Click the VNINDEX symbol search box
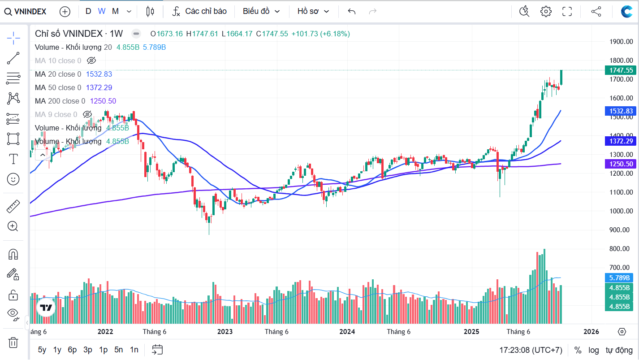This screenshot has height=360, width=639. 26,12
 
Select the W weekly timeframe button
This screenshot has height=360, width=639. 102,12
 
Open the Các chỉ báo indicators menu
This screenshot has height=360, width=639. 200,12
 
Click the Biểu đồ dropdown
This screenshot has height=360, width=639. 261,12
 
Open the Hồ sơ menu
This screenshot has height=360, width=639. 313,12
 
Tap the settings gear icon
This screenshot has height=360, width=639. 546,12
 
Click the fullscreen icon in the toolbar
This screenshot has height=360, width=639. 567,12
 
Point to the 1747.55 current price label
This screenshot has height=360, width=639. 621,70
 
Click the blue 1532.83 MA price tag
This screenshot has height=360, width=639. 621,111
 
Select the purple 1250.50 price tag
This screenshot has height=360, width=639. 621,164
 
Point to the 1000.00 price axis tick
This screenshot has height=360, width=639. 621,211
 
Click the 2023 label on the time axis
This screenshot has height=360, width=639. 225,332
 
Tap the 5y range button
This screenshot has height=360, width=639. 42,350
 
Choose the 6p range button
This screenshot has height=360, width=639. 72,350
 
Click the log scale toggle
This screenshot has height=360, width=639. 593,350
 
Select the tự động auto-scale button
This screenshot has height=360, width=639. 619,350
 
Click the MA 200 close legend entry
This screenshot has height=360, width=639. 60,101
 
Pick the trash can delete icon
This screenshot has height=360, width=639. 13,343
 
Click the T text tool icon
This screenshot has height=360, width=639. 13,159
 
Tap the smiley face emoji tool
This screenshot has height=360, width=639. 13,179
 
